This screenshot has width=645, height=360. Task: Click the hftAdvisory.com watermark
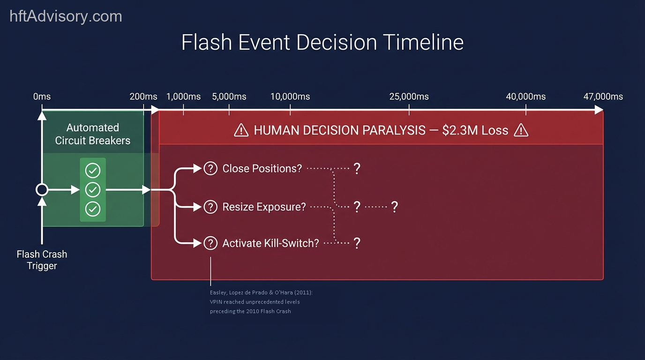[66, 16]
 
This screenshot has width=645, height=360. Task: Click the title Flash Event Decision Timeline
[322, 42]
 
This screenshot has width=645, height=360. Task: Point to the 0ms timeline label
[42, 97]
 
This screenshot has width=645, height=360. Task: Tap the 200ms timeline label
[143, 97]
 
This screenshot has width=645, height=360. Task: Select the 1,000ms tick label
[183, 97]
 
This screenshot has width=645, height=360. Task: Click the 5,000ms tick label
[229, 97]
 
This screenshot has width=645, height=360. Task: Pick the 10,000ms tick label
[290, 97]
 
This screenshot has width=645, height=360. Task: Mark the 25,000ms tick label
[409, 97]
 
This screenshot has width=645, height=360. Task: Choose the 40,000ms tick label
[525, 97]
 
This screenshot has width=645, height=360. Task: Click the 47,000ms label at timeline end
[603, 97]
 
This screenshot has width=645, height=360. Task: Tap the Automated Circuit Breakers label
[93, 134]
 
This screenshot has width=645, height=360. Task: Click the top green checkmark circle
[93, 170]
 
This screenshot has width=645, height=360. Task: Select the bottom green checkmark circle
[93, 209]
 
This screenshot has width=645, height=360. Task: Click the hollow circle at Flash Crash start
[42, 190]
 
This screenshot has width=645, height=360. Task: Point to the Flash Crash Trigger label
[42, 260]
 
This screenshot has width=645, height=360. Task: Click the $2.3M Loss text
[475, 130]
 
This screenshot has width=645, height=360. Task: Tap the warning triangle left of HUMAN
[241, 130]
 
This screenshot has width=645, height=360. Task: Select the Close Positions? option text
[262, 168]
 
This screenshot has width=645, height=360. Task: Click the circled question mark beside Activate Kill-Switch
[210, 243]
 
